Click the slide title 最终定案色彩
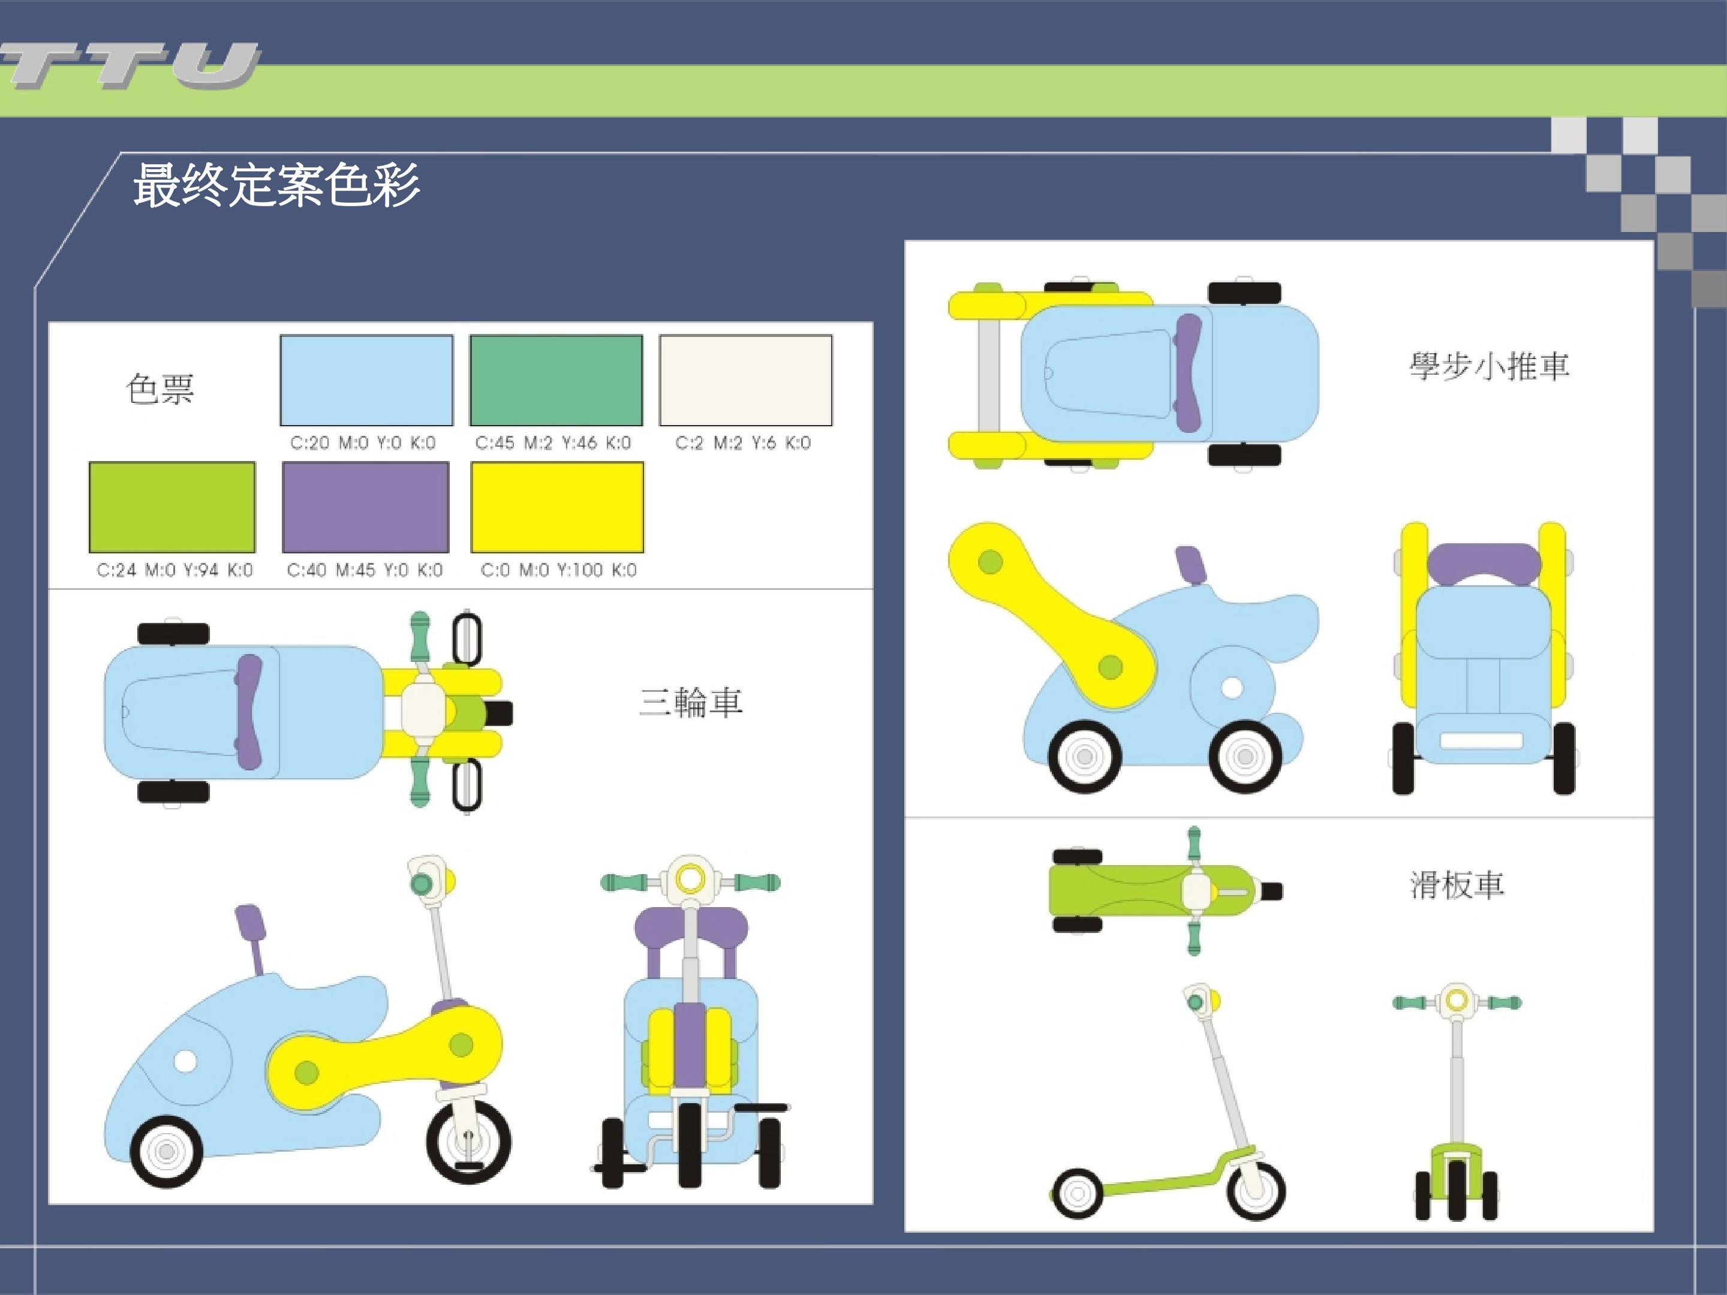click(276, 186)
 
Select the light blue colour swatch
click(366, 380)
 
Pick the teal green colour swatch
click(556, 380)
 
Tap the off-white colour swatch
click(745, 380)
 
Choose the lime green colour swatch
click(172, 507)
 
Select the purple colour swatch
click(365, 507)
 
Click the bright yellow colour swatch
click(558, 507)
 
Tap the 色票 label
click(160, 389)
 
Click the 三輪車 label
click(690, 701)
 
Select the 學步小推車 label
click(1489, 365)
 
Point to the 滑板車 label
click(1457, 885)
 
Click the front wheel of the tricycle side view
click(468, 1142)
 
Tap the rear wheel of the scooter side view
click(1078, 1194)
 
